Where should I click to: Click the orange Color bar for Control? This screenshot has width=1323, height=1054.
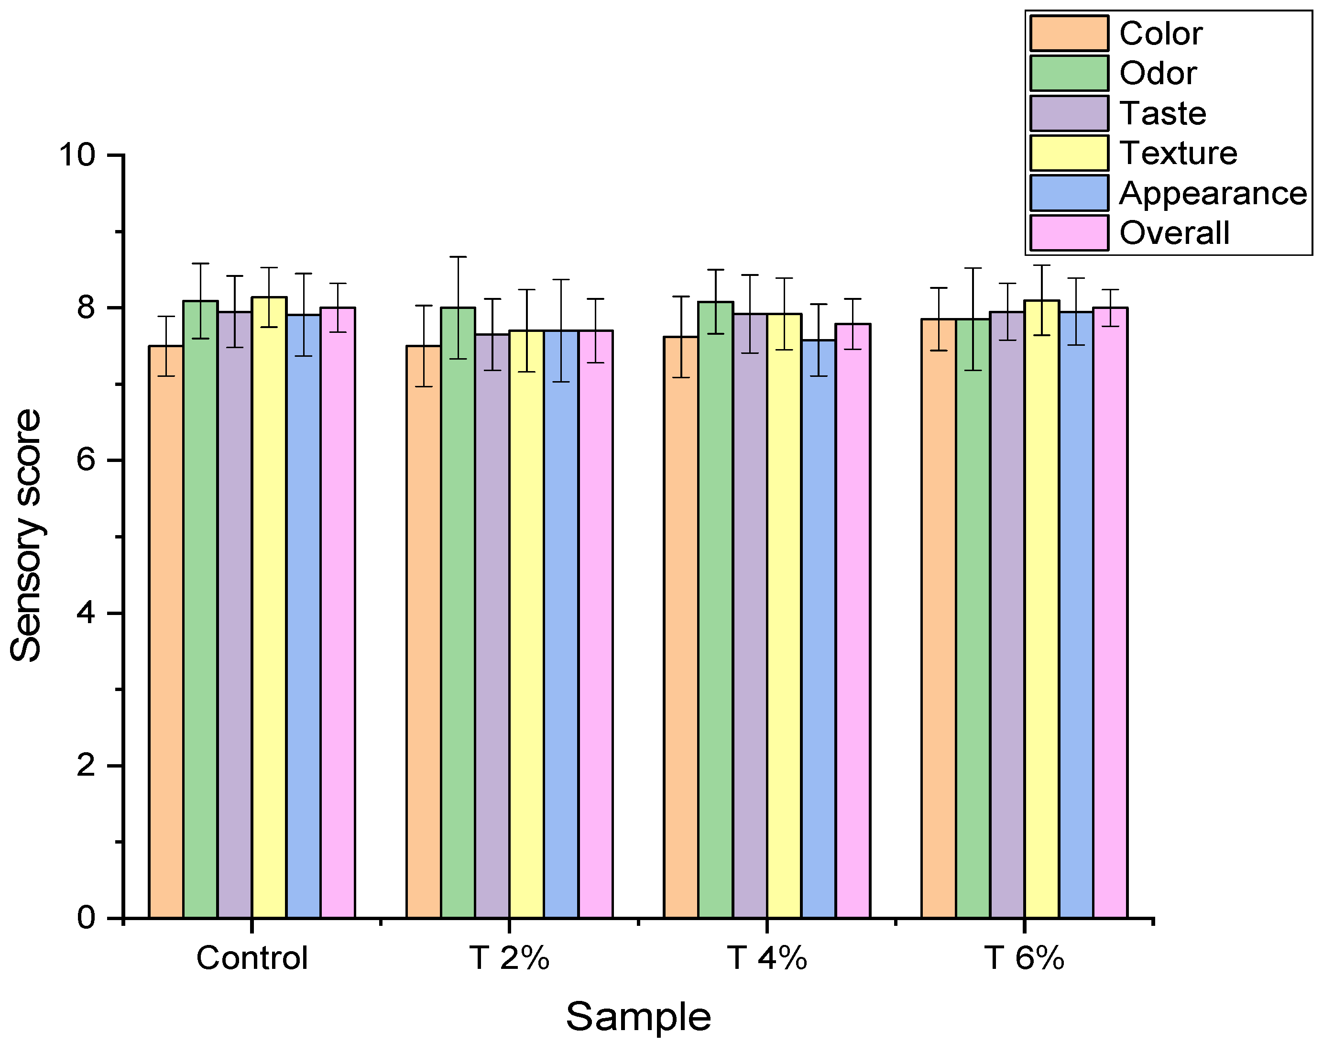tap(166, 632)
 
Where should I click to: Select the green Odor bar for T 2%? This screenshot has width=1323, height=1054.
tap(458, 614)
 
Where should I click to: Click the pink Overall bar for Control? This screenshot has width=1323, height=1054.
tap(338, 614)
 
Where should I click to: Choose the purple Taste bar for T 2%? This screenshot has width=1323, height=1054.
tap(492, 626)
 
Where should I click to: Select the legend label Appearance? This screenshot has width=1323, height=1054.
tap(1213, 193)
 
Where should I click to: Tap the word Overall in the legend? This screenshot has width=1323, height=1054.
tap(1174, 233)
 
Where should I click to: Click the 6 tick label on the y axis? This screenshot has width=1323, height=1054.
tap(87, 461)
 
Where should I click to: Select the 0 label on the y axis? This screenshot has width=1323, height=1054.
tap(87, 918)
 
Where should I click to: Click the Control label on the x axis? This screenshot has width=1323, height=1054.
tap(251, 958)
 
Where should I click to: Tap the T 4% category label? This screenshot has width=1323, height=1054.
tap(766, 958)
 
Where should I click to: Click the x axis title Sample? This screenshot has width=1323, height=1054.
tap(638, 1017)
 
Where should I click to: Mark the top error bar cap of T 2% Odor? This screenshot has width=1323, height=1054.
tap(458, 257)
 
